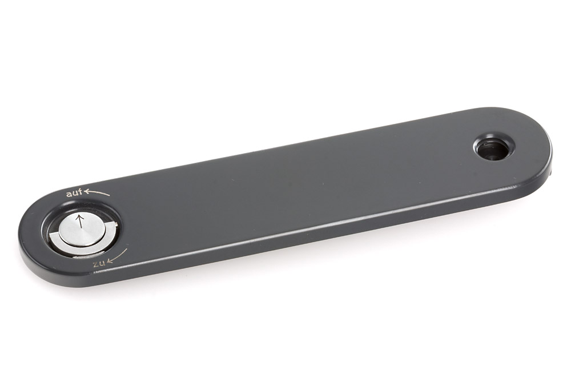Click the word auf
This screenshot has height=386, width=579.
tap(74, 193)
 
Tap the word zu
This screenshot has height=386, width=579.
tap(99, 264)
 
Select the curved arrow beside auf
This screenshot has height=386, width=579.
tap(96, 192)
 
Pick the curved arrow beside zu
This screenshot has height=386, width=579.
tap(117, 256)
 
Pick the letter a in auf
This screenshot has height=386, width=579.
tap(69, 194)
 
